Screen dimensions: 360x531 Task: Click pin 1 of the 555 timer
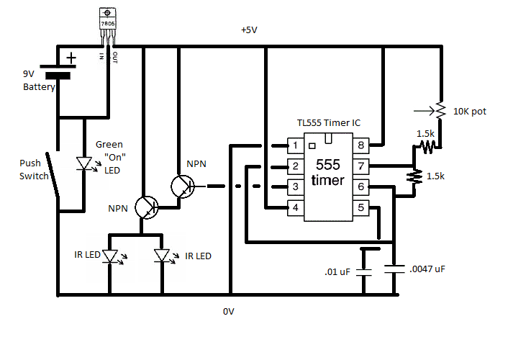click(x=294, y=145)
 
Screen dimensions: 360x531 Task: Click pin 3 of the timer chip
click(x=294, y=187)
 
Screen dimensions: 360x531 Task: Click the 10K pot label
click(x=471, y=112)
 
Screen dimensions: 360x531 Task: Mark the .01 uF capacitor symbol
click(x=366, y=273)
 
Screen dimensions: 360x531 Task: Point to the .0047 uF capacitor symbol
click(x=395, y=269)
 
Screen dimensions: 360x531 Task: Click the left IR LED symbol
click(x=110, y=256)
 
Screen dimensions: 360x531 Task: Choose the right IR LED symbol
click(x=163, y=256)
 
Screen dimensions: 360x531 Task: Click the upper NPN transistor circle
click(x=183, y=186)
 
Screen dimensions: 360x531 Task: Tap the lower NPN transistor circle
click(x=148, y=208)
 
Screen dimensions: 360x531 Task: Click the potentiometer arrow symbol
click(x=425, y=112)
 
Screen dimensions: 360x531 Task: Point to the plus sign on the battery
click(x=71, y=57)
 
